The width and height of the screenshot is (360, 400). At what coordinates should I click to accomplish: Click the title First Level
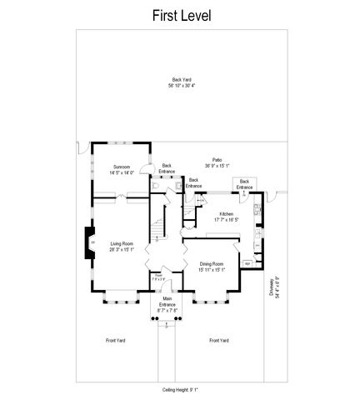pos(181,16)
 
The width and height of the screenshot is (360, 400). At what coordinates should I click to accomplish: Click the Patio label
pos(217,159)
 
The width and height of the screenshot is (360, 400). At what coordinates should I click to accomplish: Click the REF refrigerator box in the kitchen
pos(247,263)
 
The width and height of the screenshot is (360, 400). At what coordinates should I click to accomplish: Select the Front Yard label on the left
pos(116,340)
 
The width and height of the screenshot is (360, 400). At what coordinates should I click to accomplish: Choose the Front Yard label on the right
pos(219,340)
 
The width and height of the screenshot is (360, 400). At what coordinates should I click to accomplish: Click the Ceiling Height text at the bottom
pos(180,388)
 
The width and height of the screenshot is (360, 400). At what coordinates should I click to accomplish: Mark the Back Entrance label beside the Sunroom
pos(167,167)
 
